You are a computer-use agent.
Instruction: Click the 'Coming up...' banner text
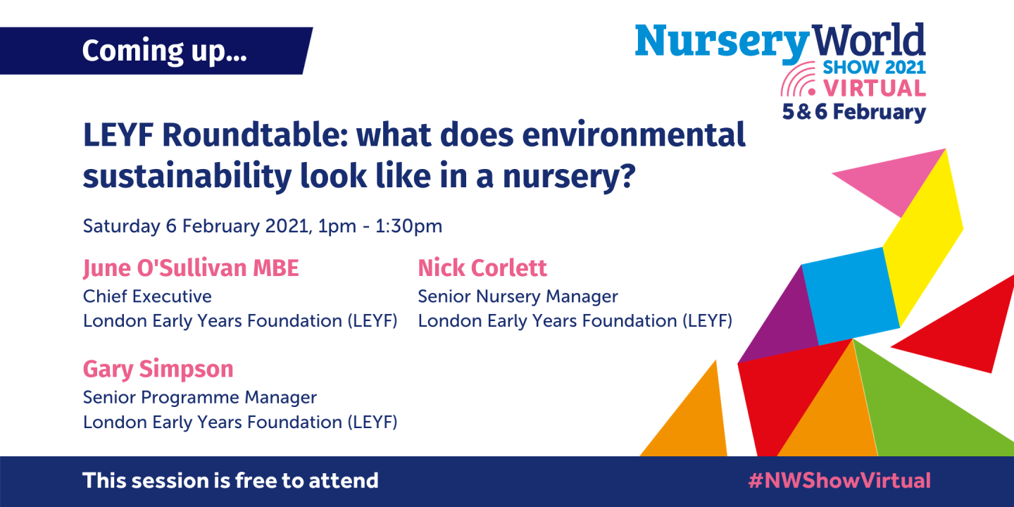(164, 51)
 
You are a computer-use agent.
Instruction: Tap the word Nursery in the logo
(721, 42)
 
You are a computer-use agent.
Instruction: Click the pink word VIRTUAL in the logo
(875, 89)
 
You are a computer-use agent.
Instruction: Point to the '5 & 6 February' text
(853, 113)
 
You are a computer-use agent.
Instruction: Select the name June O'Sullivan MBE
(191, 268)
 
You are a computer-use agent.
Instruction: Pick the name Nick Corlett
(482, 268)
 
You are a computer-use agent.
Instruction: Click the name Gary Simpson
(158, 369)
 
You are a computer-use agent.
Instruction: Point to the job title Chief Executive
(147, 296)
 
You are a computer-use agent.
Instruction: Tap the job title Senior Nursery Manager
(518, 296)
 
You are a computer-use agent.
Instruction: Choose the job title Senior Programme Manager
(200, 397)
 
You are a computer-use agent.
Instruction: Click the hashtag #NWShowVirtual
(839, 481)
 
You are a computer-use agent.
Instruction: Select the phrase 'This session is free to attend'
(230, 481)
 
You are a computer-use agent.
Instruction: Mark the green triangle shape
(930, 408)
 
